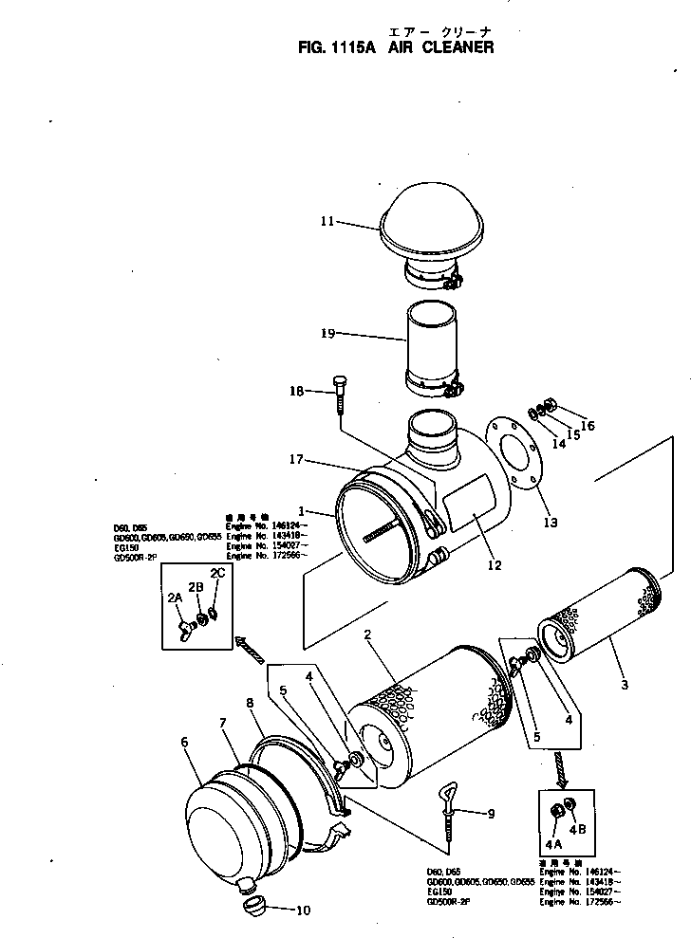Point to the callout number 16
pyautogui.click(x=588, y=427)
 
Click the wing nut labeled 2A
pyautogui.click(x=182, y=627)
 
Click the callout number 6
pyautogui.click(x=184, y=743)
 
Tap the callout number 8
pyautogui.click(x=250, y=703)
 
